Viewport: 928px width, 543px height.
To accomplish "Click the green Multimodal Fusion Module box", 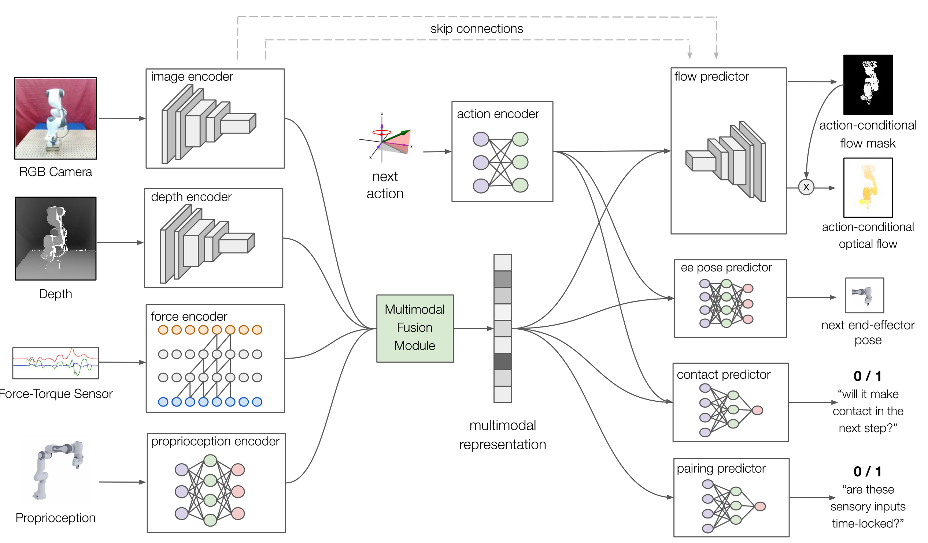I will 415,328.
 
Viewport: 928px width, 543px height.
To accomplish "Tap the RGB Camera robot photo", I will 56,118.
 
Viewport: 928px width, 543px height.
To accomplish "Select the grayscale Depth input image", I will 56,239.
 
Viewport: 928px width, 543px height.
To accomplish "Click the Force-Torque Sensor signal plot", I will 56,363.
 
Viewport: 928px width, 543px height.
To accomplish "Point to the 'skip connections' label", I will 477,29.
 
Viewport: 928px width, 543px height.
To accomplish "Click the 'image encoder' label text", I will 192,76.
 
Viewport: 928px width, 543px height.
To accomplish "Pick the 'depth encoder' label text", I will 191,197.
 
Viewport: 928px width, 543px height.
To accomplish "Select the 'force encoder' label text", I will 189,317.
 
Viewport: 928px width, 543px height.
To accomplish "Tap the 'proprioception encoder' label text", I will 215,441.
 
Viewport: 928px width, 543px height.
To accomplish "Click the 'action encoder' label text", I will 498,114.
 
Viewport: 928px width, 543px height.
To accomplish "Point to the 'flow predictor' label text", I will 711,76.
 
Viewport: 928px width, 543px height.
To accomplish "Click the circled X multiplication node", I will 806,187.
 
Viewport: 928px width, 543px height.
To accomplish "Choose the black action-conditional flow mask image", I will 868,85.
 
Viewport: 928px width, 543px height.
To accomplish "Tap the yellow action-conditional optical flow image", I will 868,188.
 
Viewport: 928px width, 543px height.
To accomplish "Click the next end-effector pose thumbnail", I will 864,295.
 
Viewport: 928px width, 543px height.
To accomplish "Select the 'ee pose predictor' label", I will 726,267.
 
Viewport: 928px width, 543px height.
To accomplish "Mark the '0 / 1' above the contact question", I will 868,376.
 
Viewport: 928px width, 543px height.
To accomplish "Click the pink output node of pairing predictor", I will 760,506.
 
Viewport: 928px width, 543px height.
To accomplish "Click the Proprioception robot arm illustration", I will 57,469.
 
